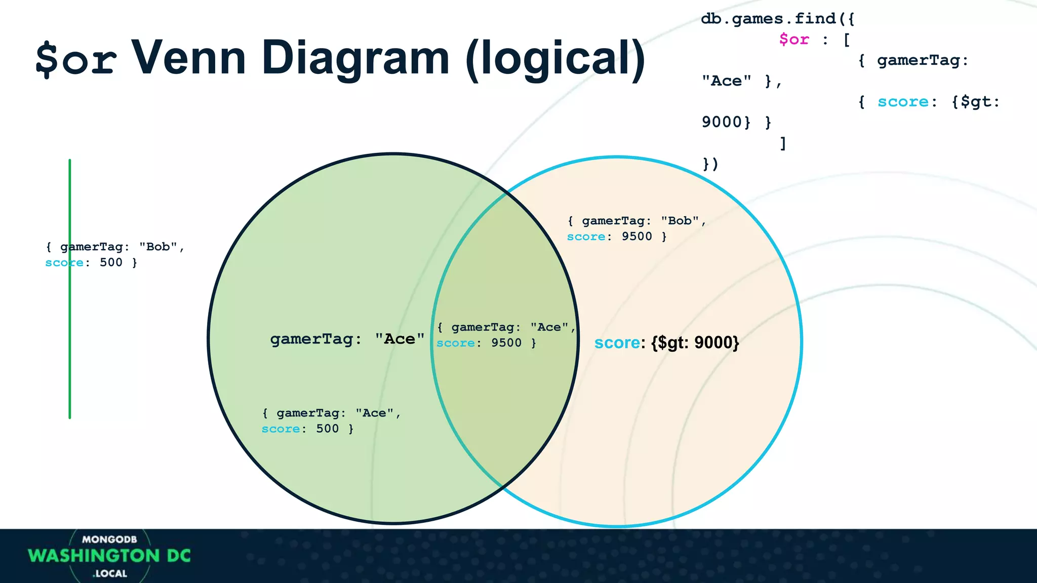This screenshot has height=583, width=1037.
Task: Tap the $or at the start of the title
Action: (76, 60)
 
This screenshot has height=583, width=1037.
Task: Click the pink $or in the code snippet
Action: (794, 39)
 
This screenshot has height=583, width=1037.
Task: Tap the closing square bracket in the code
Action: (783, 143)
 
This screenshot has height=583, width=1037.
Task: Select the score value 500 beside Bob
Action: (111, 263)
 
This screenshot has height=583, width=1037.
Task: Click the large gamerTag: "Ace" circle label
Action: (347, 339)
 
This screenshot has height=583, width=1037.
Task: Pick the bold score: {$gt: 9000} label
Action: (666, 343)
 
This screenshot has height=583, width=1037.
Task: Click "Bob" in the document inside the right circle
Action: (680, 221)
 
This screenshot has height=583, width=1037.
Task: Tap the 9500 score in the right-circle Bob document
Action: (636, 237)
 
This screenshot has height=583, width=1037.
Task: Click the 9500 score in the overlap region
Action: (506, 343)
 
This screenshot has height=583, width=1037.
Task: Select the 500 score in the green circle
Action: (327, 429)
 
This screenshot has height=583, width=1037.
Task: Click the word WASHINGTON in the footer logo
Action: (94, 556)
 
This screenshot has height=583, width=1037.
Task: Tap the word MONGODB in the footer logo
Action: (109, 539)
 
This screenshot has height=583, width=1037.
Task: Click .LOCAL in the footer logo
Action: (110, 573)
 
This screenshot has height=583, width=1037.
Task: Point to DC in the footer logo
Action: (179, 556)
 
